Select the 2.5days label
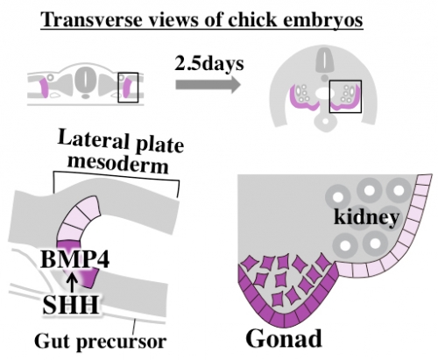[209, 63]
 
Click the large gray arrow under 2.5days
[208, 85]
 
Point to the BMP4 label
[75, 259]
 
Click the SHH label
[70, 305]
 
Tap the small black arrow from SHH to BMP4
[73, 282]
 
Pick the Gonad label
[284, 338]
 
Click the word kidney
[366, 217]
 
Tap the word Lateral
[93, 139]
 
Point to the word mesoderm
[118, 164]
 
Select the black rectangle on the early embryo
[128, 88]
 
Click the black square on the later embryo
[345, 96]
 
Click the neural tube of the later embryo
[324, 60]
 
